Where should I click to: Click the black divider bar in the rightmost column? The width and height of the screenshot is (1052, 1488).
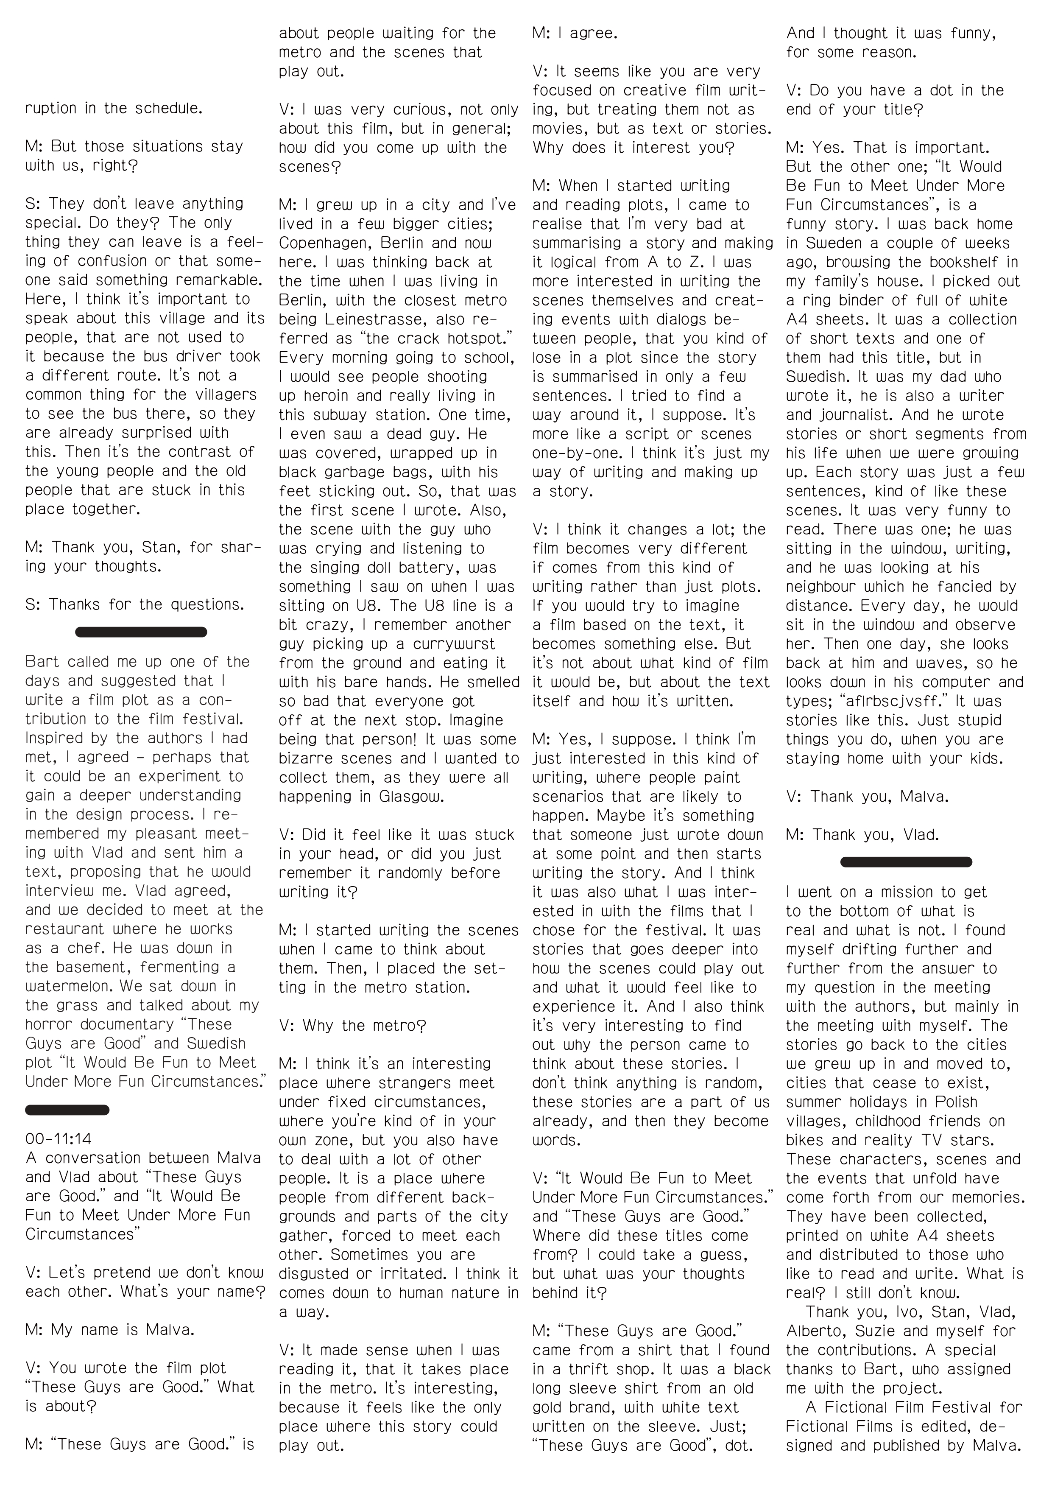pyautogui.click(x=906, y=862)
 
